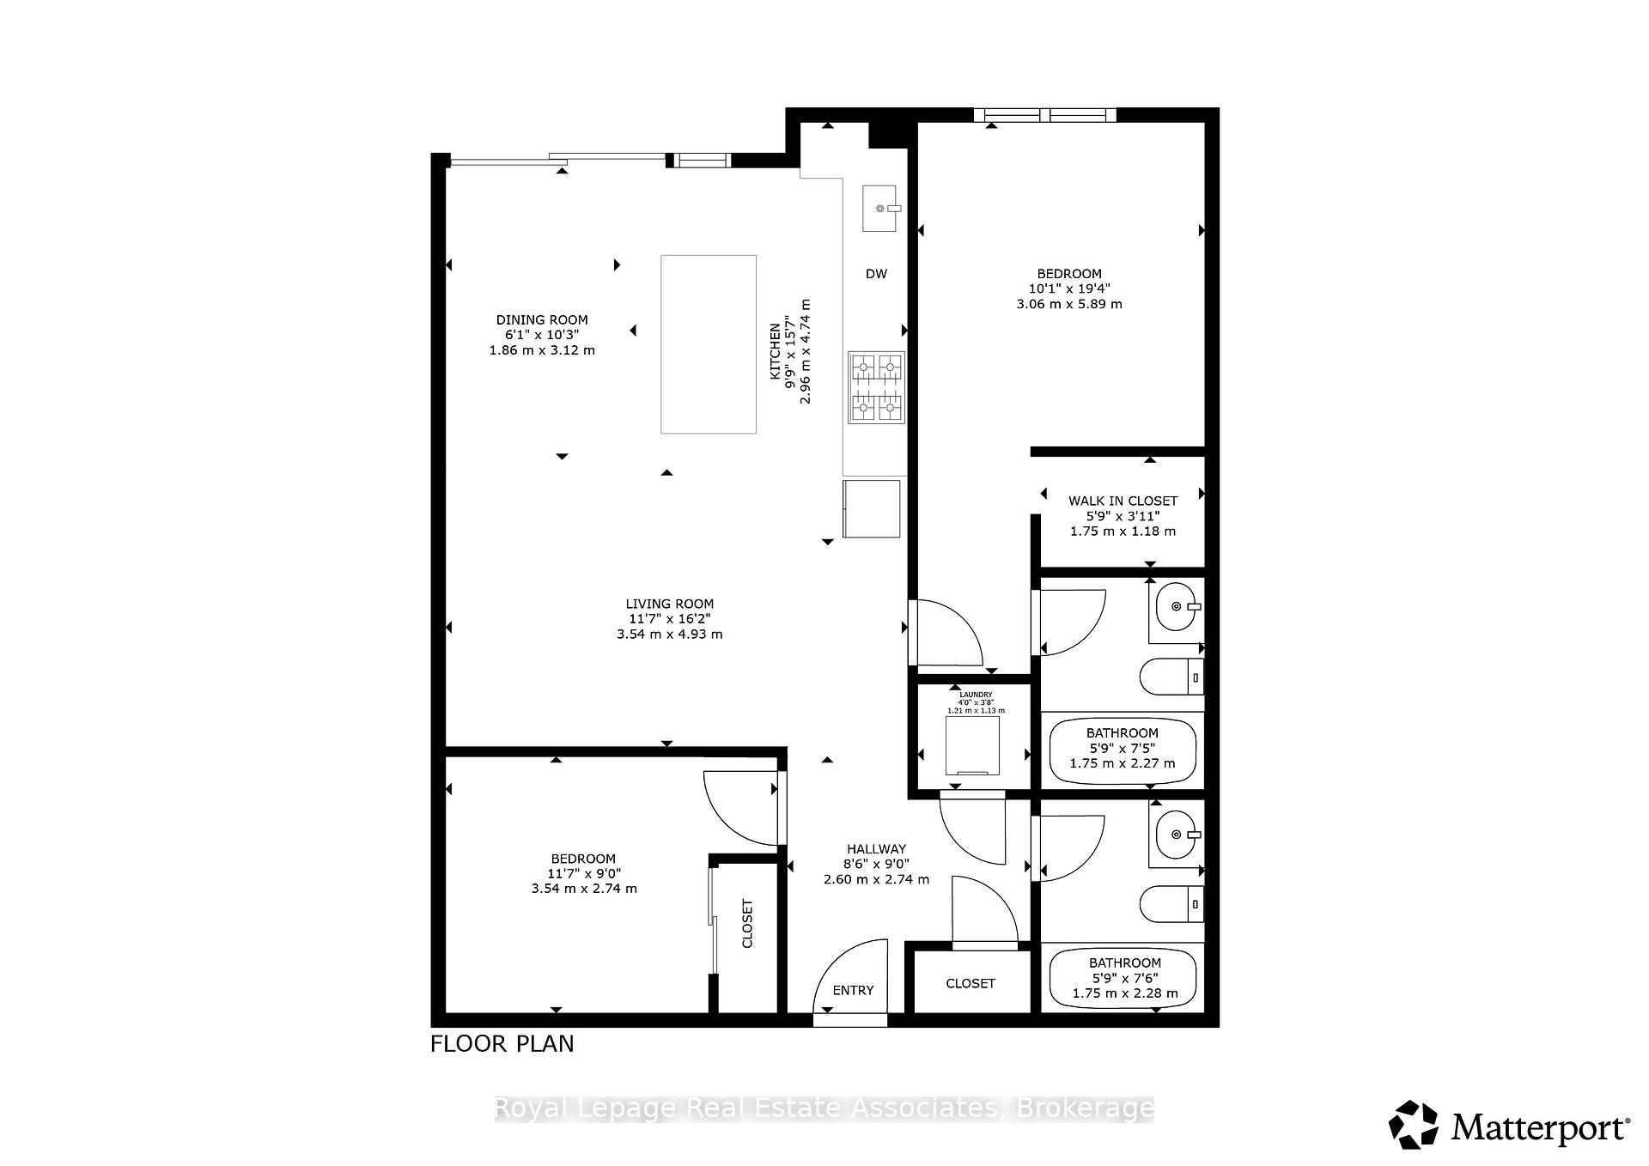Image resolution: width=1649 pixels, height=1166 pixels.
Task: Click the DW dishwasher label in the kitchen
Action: point(875,274)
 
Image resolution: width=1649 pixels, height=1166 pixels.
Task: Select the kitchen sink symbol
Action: point(879,208)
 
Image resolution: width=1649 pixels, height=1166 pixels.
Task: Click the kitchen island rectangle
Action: point(708,343)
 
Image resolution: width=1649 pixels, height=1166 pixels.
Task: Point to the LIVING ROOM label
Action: point(669,604)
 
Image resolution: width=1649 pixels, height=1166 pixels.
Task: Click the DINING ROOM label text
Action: point(541,319)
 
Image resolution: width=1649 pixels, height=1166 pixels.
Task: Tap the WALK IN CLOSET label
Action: point(1123,501)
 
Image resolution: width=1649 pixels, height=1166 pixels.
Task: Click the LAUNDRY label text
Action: point(975,695)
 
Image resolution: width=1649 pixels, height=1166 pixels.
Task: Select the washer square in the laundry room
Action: point(972,744)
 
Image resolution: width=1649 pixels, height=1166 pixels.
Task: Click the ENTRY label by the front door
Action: point(852,990)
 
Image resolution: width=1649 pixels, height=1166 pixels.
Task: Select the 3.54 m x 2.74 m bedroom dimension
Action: point(584,889)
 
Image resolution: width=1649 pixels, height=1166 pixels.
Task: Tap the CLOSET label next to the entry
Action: point(971,983)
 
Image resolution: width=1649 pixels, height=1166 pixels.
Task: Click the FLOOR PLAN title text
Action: point(502,1044)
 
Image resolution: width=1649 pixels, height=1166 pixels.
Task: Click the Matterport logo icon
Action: point(1413,1124)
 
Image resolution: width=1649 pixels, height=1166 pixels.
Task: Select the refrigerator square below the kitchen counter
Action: point(872,508)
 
